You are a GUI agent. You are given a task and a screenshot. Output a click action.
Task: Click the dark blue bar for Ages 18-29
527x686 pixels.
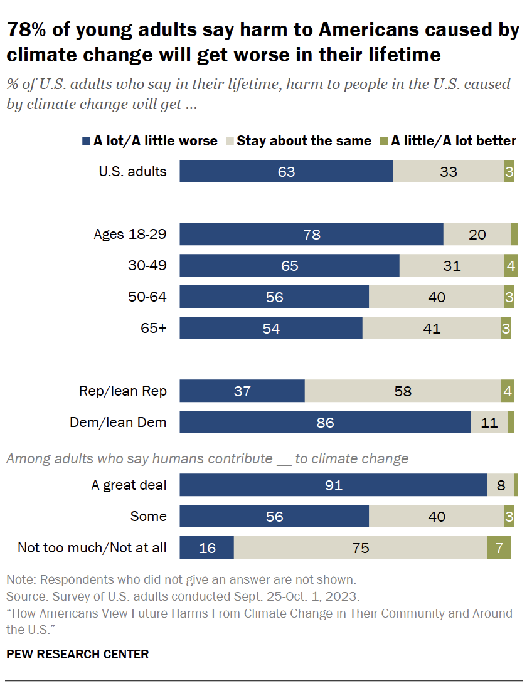(311, 235)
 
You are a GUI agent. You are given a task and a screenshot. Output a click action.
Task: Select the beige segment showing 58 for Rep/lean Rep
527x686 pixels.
(402, 391)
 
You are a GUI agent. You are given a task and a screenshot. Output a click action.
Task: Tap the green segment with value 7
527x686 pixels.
(499, 547)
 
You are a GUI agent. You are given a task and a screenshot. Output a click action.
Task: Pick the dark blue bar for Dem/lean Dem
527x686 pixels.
(325, 422)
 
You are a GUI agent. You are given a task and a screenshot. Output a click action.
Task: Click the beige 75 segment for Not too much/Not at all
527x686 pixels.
(360, 547)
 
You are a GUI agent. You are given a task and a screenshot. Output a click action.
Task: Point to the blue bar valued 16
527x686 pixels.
(206, 547)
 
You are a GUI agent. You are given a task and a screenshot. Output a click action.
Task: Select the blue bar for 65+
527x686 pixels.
(271, 328)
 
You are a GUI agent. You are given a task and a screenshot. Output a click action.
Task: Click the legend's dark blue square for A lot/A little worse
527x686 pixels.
(87, 141)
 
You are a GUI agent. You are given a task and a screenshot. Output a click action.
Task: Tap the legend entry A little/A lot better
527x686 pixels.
(453, 141)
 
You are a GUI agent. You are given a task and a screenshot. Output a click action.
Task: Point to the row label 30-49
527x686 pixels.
(148, 265)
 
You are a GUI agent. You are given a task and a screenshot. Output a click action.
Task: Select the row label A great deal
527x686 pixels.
(129, 485)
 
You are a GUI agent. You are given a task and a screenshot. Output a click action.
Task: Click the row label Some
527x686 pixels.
(148, 516)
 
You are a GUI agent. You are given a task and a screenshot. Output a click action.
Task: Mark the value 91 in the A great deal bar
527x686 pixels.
(333, 485)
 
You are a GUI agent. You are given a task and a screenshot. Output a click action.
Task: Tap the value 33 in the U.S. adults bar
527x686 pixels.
(448, 171)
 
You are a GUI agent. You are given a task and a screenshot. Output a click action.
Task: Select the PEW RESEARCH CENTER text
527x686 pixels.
(77, 654)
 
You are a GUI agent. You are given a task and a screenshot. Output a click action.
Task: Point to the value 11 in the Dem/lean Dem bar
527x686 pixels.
(489, 422)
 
